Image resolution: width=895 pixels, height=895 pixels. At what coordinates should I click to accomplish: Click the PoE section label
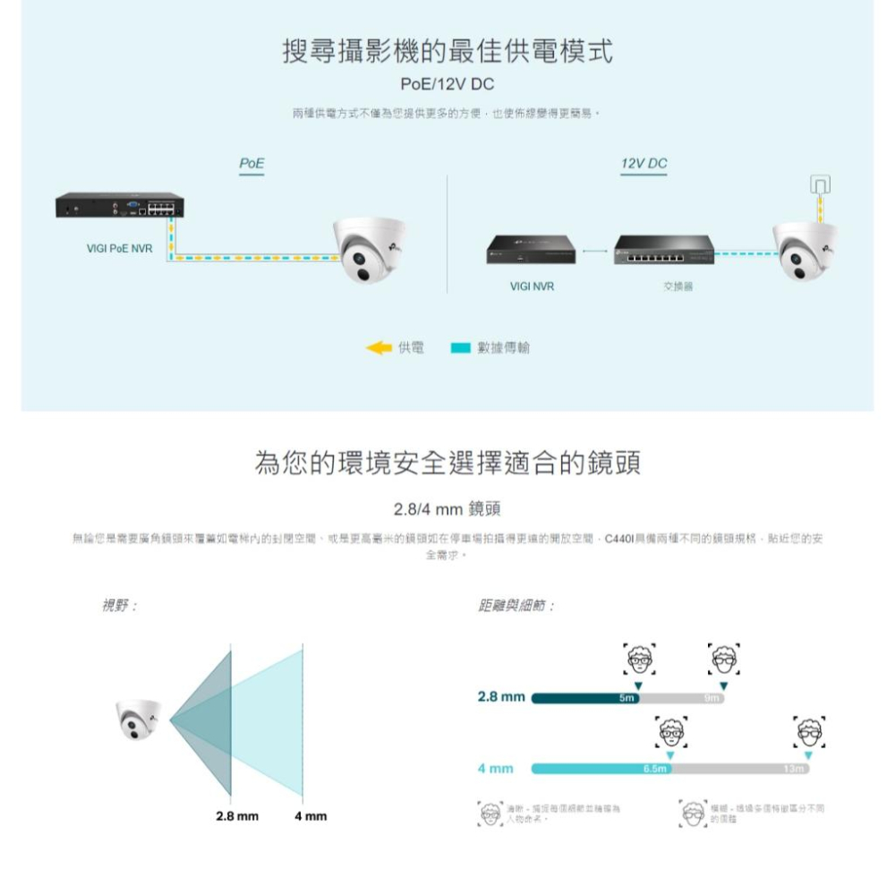[251, 164]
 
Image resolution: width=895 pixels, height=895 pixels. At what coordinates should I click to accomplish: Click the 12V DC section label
[644, 164]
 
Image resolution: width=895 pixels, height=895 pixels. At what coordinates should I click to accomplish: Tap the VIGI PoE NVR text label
[119, 248]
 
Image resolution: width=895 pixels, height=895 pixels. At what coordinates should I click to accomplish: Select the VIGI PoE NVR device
[119, 207]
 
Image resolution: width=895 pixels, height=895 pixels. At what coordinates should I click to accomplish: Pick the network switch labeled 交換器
[664, 250]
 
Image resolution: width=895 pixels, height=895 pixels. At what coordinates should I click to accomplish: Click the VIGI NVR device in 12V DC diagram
[532, 250]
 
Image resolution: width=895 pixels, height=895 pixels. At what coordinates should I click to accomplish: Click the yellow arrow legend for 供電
[379, 347]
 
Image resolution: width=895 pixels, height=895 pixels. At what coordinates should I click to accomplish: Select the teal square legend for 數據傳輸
[460, 347]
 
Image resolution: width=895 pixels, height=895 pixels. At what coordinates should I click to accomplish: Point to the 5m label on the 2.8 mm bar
[626, 697]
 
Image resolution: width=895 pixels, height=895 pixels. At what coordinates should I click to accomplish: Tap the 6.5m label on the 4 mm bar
[655, 769]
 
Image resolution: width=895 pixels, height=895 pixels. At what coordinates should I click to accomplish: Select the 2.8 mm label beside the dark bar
[500, 696]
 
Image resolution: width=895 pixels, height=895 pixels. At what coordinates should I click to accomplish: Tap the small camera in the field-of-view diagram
[139, 719]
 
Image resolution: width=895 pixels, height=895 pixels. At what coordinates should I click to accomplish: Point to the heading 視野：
[119, 606]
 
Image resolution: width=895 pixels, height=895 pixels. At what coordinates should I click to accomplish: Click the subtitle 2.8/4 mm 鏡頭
[447, 509]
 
